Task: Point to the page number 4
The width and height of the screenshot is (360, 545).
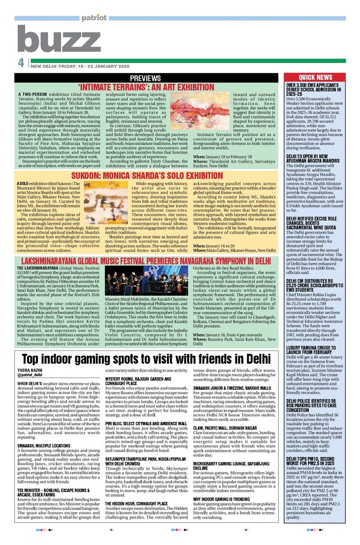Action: (21, 64)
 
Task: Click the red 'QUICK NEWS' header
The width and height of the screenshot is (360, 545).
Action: (315, 77)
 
